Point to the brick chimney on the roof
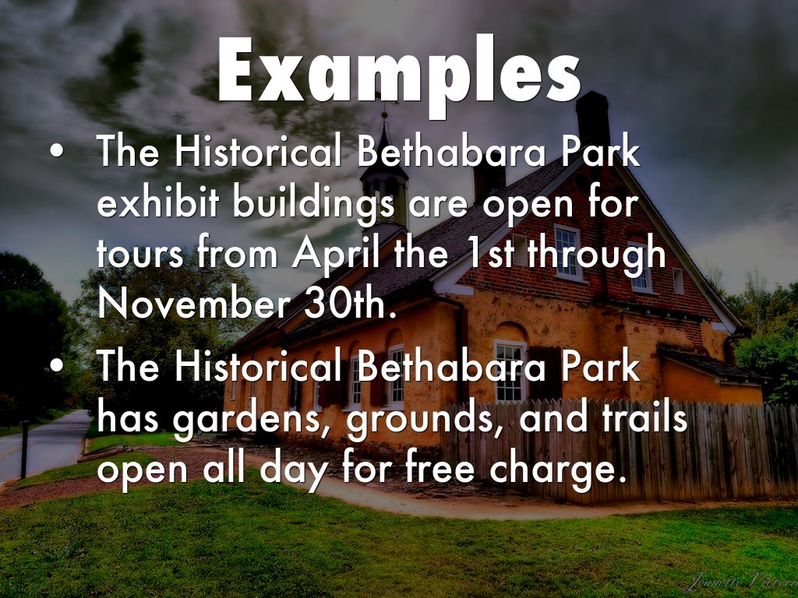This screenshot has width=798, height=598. click(x=592, y=117)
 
